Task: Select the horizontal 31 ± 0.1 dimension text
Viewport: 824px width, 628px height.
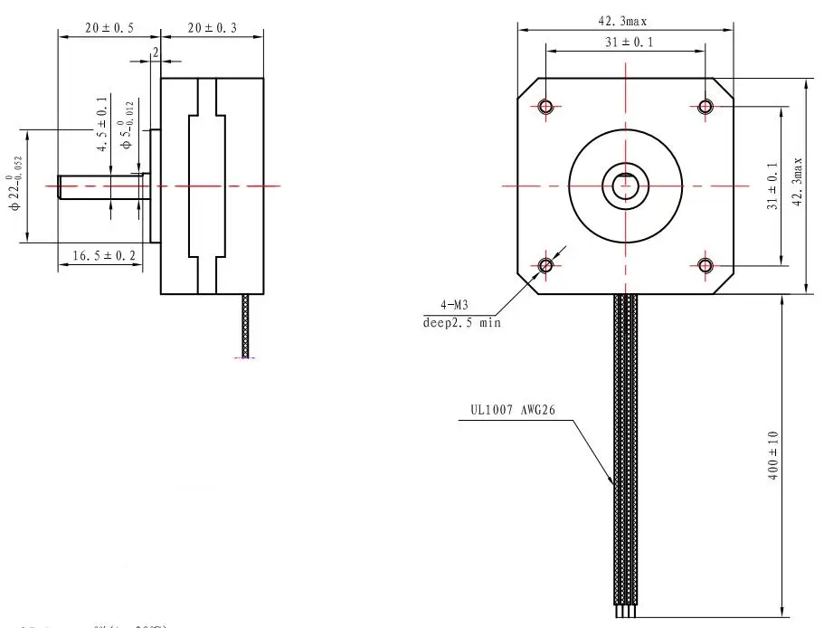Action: pyautogui.click(x=624, y=42)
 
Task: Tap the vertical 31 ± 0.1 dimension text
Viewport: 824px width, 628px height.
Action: pyautogui.click(x=772, y=186)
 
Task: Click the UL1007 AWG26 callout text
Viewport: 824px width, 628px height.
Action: pyautogui.click(x=512, y=408)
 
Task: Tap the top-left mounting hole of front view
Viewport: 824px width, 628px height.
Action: pyautogui.click(x=545, y=107)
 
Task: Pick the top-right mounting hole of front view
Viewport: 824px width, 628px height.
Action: pyautogui.click(x=706, y=107)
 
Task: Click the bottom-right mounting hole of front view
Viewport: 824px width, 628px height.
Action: pyautogui.click(x=706, y=265)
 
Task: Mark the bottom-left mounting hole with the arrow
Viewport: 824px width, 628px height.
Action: pyautogui.click(x=545, y=265)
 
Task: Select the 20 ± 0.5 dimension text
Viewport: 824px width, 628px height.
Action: pyautogui.click(x=109, y=28)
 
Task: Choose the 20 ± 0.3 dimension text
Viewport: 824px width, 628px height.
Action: pyautogui.click(x=213, y=28)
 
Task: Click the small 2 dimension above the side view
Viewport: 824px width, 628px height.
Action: pyautogui.click(x=155, y=53)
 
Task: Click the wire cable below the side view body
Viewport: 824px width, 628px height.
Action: pyautogui.click(x=246, y=326)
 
